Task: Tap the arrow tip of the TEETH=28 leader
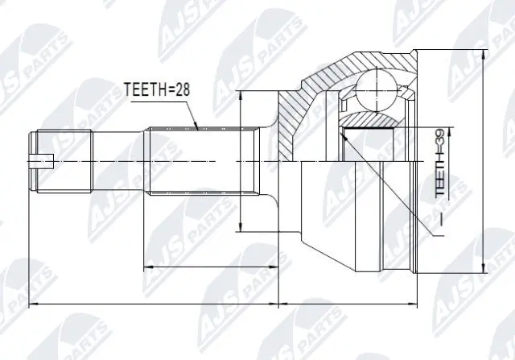tap(196, 127)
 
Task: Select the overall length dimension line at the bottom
tap(225, 305)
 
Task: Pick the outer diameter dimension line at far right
tap(484, 161)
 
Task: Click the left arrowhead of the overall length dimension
tap(31, 305)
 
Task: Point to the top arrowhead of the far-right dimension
tap(484, 56)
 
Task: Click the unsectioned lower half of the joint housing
tap(354, 217)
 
